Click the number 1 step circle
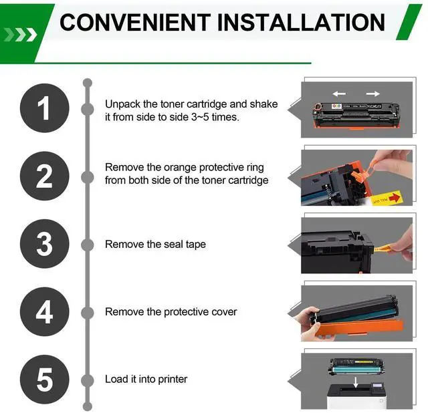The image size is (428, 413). [45, 108]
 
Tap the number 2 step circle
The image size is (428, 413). [45, 176]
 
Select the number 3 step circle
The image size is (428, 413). [45, 244]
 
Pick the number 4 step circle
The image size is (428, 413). [45, 311]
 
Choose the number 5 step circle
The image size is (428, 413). [45, 380]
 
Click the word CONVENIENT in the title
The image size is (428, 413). [135, 22]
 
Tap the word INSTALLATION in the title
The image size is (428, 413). [301, 22]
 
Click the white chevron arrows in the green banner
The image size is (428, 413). [21, 35]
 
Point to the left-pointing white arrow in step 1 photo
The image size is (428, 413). [339, 94]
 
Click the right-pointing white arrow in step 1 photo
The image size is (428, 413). [373, 94]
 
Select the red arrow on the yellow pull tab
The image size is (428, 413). [394, 197]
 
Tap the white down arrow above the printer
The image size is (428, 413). [355, 382]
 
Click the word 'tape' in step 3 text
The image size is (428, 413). [196, 245]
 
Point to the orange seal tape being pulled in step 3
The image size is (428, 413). [383, 248]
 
